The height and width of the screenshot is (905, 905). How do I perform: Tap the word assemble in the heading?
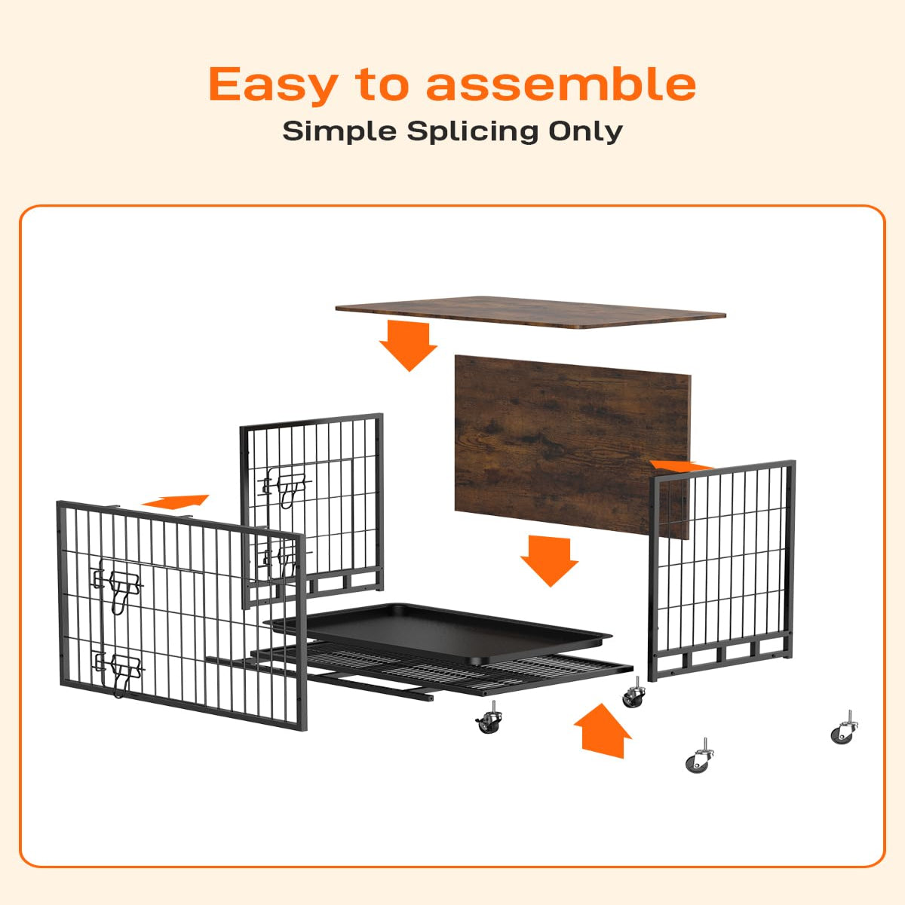[x=561, y=84]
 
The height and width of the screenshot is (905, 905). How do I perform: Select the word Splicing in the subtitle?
[x=472, y=132]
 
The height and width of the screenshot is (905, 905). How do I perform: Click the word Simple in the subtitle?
[x=339, y=132]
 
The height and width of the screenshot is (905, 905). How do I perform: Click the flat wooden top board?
[x=531, y=311]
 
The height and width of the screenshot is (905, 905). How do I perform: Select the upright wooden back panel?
[x=572, y=446]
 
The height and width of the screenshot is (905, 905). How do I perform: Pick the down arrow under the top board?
[x=408, y=345]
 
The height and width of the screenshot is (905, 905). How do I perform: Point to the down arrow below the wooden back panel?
[x=549, y=560]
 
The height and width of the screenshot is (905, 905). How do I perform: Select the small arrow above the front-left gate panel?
[x=176, y=502]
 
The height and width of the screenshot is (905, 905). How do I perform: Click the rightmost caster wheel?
[x=845, y=728]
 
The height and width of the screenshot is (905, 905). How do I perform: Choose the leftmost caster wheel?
[x=489, y=718]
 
